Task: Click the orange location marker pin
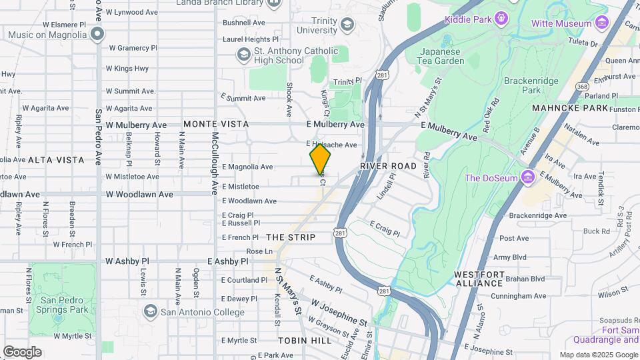(x=320, y=160)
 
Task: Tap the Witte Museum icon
(x=603, y=23)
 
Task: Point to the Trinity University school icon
(x=347, y=25)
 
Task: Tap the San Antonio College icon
(x=151, y=312)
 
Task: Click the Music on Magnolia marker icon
(x=98, y=34)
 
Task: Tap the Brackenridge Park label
(x=531, y=85)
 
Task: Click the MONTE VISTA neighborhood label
(x=216, y=124)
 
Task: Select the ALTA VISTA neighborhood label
(x=56, y=160)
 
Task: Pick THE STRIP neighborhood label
(x=291, y=237)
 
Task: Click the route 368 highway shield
(x=582, y=86)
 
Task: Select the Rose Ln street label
(x=260, y=251)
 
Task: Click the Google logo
(x=22, y=352)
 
